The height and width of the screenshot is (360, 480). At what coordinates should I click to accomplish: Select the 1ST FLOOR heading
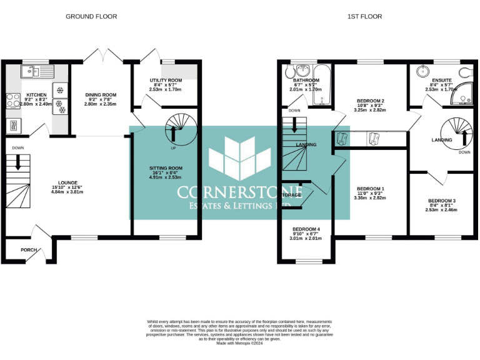[x=364, y=16]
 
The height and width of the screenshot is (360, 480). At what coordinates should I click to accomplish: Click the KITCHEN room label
[x=36, y=93]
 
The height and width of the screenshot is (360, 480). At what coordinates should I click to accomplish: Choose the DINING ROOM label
[x=101, y=95]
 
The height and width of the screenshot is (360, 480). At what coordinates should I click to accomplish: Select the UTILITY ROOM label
[x=166, y=81]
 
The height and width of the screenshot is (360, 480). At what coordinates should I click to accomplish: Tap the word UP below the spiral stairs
[x=173, y=148]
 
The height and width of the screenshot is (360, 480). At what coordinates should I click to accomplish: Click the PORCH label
[x=29, y=250]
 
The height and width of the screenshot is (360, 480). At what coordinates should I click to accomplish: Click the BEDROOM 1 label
[x=370, y=189]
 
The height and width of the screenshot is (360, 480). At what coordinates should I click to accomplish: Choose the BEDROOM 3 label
[x=442, y=201]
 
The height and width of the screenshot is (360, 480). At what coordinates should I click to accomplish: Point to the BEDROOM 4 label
[x=306, y=229]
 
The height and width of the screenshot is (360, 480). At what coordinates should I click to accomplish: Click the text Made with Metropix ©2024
[x=239, y=342]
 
